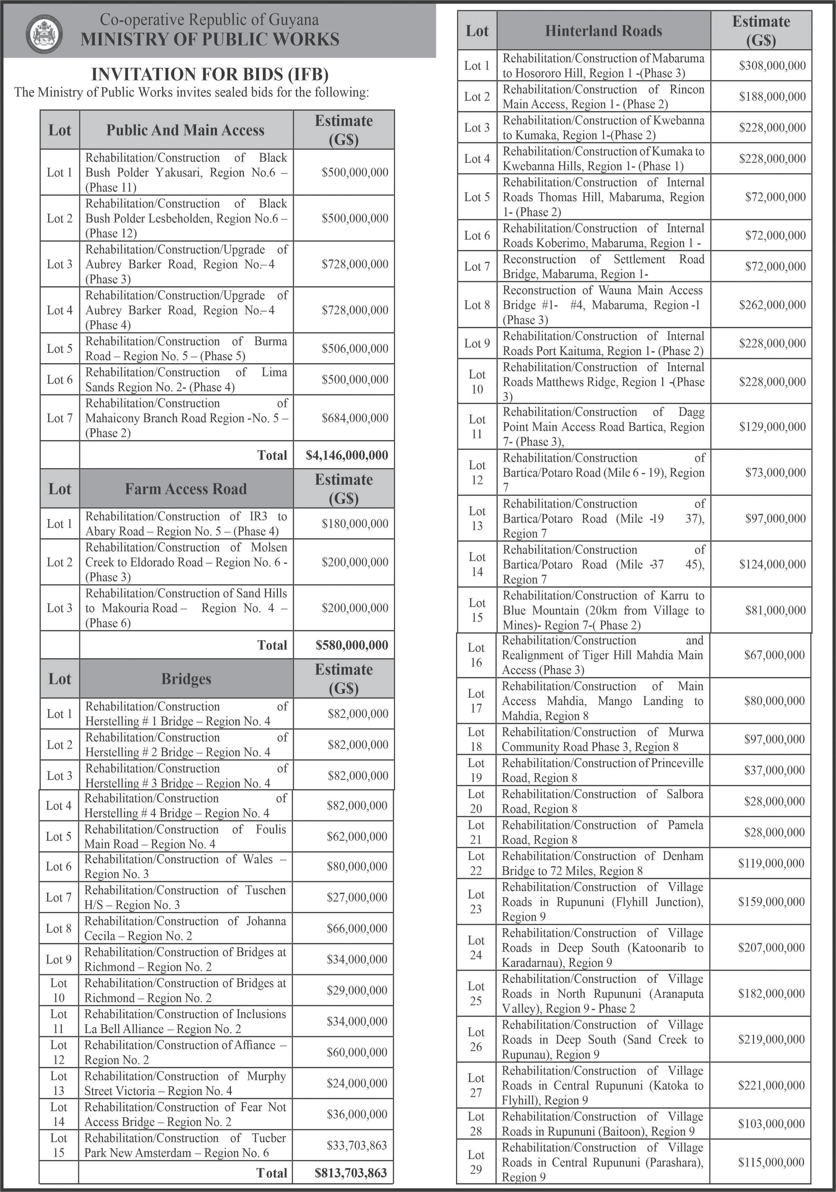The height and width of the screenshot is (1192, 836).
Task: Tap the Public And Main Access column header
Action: point(185,130)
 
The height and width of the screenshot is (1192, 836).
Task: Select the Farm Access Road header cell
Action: point(185,488)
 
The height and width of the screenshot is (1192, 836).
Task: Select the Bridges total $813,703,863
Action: point(350,1173)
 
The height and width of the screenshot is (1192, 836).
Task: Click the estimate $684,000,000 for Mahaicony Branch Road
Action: point(355,418)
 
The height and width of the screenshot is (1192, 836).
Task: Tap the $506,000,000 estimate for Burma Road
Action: point(355,348)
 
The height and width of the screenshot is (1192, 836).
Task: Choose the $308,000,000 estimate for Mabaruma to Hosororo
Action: point(772,65)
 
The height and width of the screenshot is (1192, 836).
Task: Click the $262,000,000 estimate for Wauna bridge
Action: point(772,305)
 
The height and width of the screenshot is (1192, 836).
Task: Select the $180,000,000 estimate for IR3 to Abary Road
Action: point(355,523)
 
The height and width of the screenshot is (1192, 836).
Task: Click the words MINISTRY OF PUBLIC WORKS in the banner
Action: point(210,39)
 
